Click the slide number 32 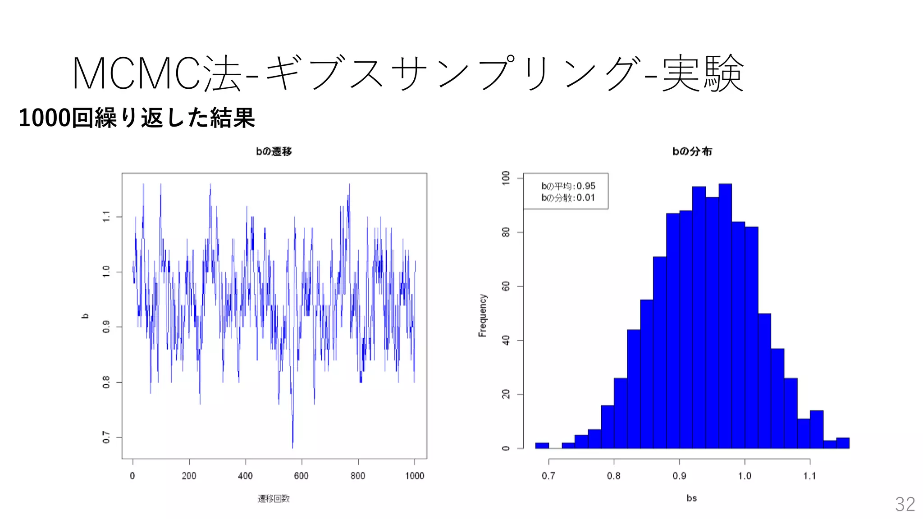coord(905,504)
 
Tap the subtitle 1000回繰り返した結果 coord(137,118)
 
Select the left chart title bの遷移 coord(274,151)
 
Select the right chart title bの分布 coord(692,151)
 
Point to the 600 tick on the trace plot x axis coord(301,476)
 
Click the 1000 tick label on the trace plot coord(414,476)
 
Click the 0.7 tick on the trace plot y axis coord(106,437)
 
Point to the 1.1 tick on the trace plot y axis coord(106,217)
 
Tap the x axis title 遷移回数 coord(274,498)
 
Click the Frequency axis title coord(483,315)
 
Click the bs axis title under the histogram coord(691,498)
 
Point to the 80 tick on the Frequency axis coord(506,232)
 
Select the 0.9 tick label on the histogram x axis coord(679,476)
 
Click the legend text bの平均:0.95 coord(568,186)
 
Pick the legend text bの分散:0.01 coord(568,198)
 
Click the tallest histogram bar coord(725,315)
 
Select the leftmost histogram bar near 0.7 coord(542,446)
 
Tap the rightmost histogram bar coord(842,443)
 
